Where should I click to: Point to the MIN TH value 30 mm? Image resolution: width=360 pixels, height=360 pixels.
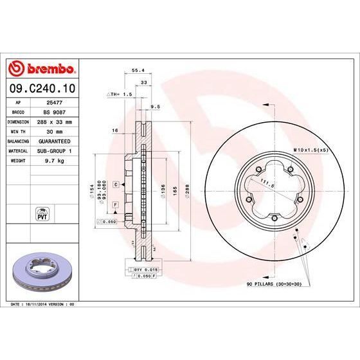(54, 130)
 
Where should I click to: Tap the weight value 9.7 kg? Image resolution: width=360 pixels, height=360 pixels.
(54, 159)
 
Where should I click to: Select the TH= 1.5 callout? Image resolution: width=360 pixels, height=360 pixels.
(118, 94)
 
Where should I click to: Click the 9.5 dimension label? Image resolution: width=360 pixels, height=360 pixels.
(154, 106)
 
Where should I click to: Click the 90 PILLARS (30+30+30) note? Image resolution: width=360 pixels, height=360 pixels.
(273, 283)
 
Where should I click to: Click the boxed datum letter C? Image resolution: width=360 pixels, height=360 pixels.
(115, 184)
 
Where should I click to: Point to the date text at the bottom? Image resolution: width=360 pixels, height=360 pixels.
(39, 302)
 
